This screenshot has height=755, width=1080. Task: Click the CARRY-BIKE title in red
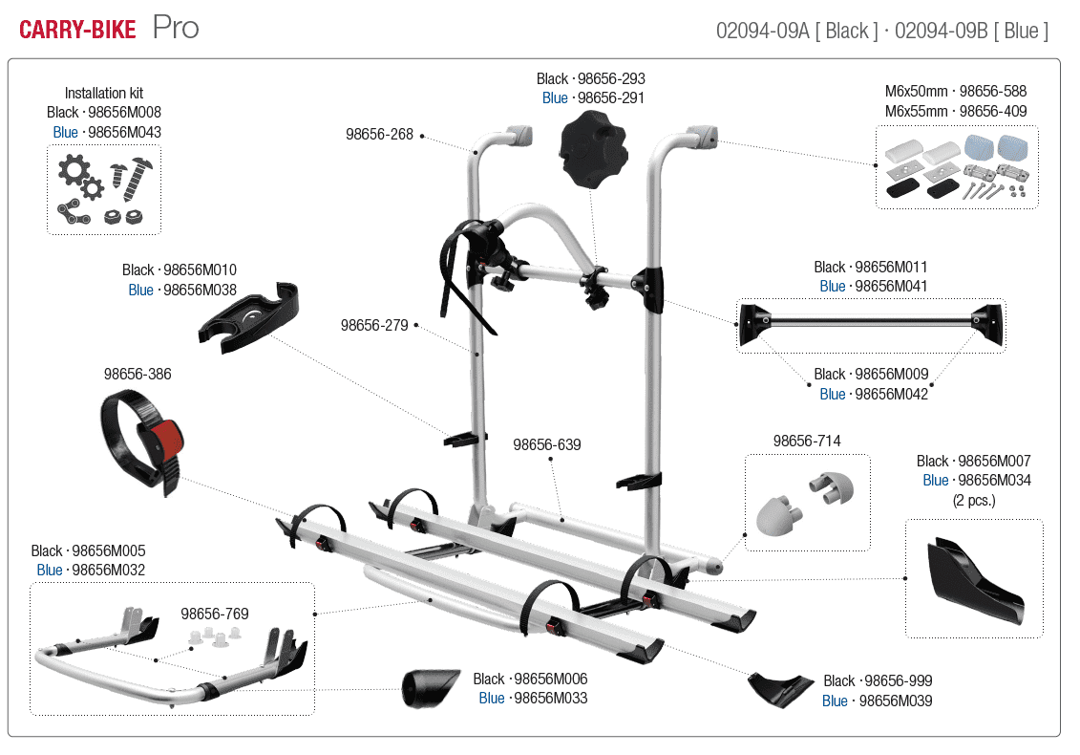[77, 30]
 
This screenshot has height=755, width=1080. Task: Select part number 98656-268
[379, 135]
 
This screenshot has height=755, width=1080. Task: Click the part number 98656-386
[138, 374]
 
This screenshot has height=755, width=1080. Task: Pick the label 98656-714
[807, 441]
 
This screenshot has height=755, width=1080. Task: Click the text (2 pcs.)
[973, 500]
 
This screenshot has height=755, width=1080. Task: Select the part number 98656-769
[215, 614]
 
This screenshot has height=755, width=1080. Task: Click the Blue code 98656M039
[895, 701]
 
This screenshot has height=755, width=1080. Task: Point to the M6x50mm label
[916, 92]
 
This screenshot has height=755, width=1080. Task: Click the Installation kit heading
[104, 93]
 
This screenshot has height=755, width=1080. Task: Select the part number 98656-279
[374, 325]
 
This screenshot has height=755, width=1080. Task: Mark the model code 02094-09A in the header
[760, 31]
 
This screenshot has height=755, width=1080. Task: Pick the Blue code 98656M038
[200, 290]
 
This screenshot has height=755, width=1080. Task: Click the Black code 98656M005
[109, 550]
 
